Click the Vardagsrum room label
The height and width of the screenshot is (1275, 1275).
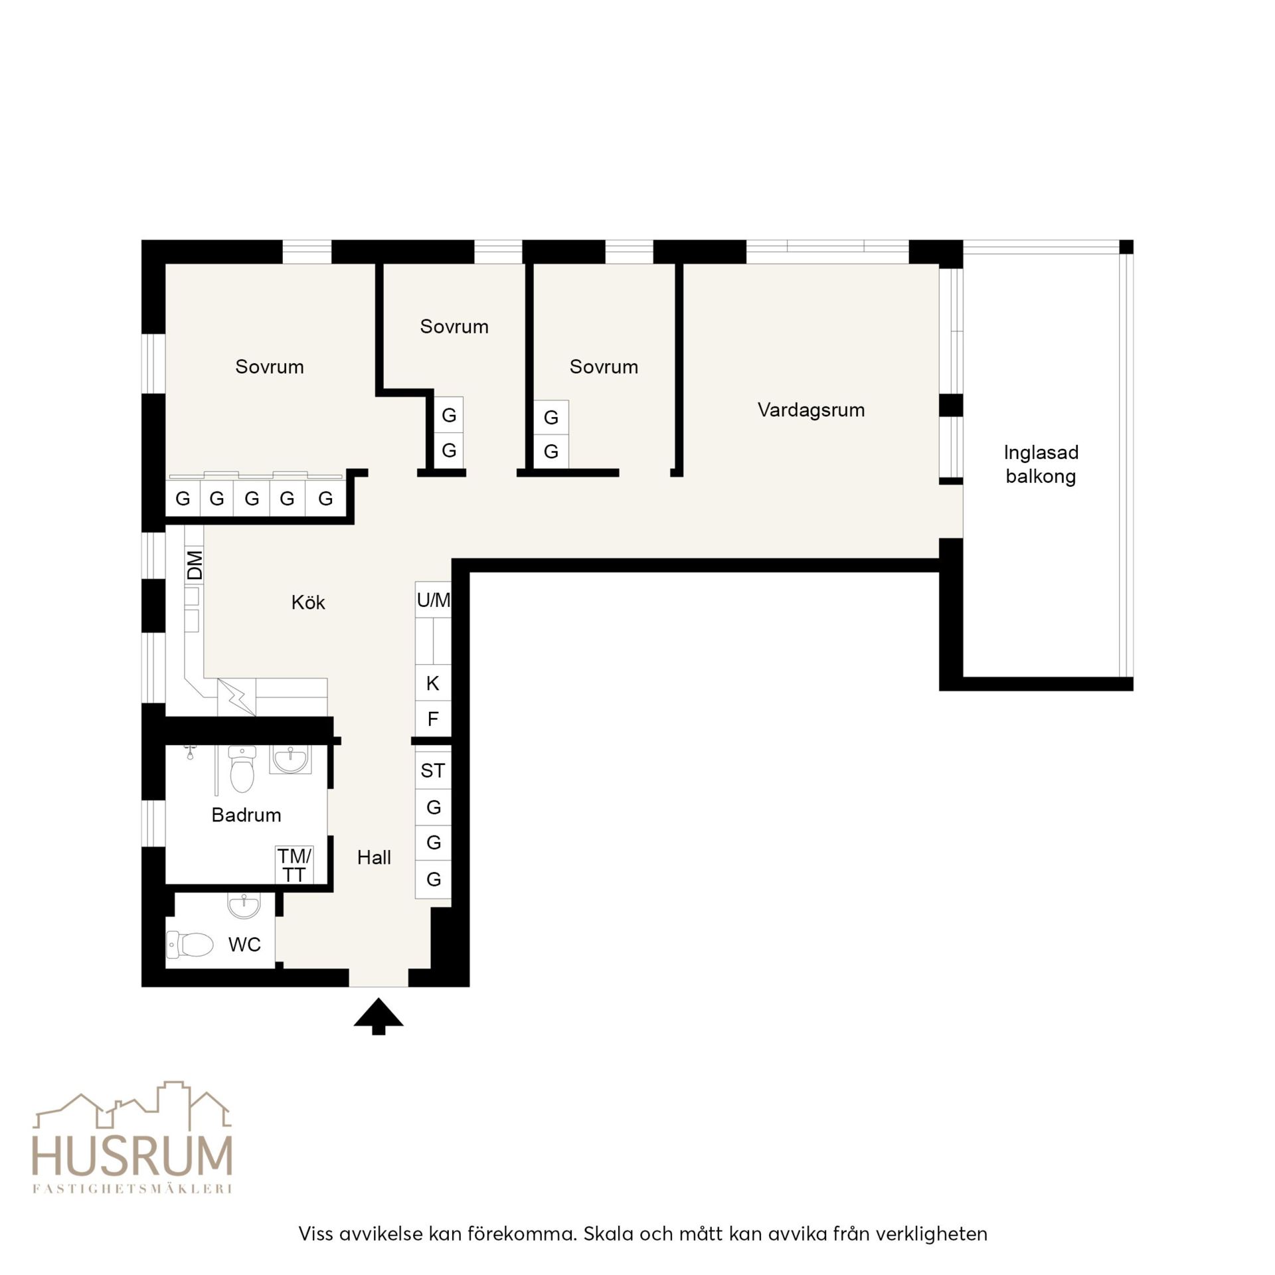click(x=811, y=410)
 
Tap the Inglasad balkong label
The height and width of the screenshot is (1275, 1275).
click(x=1041, y=464)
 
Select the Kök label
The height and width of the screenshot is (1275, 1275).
click(x=308, y=602)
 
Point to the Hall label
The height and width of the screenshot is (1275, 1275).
click(x=374, y=857)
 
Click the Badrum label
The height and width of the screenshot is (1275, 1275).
click(x=246, y=815)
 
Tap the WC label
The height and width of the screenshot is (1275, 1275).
click(x=244, y=944)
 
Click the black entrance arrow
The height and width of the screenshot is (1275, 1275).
click(x=378, y=1017)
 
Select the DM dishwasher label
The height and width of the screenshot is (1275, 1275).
click(x=195, y=564)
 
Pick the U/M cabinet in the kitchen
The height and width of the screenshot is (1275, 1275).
click(x=433, y=600)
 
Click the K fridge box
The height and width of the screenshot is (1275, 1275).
click(x=433, y=683)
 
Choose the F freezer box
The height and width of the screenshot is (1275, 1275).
click(x=433, y=719)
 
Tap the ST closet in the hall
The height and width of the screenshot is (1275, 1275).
click(x=433, y=770)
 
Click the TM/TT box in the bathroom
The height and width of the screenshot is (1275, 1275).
click(x=294, y=865)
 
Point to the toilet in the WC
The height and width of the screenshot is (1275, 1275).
click(x=190, y=944)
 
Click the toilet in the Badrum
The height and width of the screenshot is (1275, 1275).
click(x=242, y=769)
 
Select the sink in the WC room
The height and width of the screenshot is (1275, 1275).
click(x=244, y=905)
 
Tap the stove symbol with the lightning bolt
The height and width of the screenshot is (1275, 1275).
click(x=236, y=697)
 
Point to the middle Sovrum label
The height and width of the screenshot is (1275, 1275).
click(x=454, y=326)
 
